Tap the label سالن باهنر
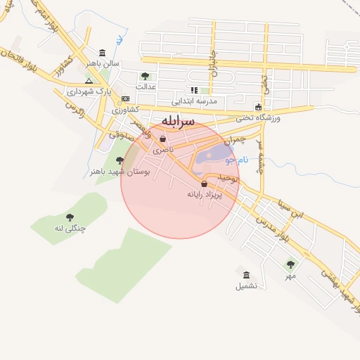point(99,63)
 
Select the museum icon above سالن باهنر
point(103,53)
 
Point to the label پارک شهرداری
point(85,91)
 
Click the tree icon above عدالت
point(145,76)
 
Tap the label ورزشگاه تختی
point(257,117)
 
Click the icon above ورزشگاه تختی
point(258,106)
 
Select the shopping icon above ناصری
point(163,139)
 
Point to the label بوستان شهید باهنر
point(117,171)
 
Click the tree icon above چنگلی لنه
point(69,217)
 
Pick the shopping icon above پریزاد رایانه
point(204,184)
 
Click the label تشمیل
point(246,286)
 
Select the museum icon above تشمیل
point(246,275)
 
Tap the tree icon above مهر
point(290,264)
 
